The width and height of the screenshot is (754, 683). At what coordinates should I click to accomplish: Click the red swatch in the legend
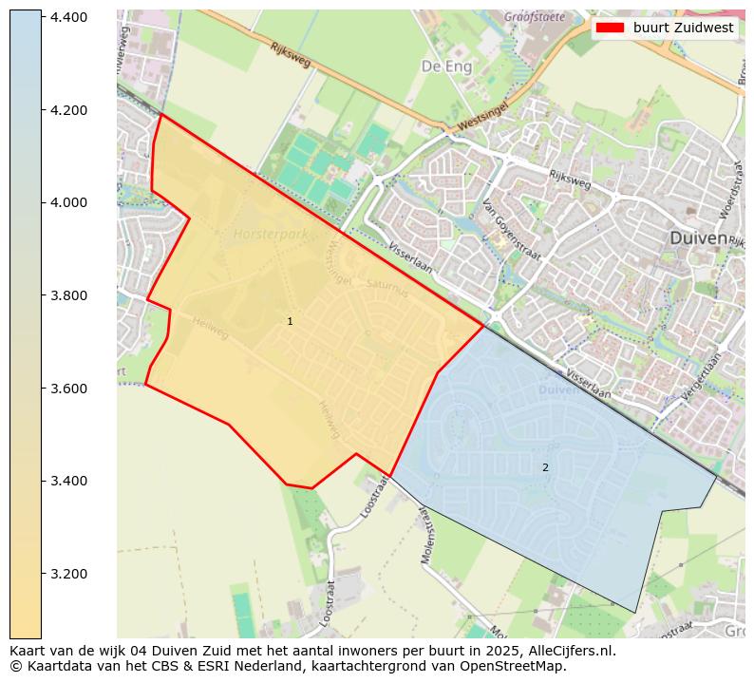click(610, 28)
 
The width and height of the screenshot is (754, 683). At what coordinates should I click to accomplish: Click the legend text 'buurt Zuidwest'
click(684, 28)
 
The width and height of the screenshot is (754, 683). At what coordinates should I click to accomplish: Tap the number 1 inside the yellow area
click(290, 322)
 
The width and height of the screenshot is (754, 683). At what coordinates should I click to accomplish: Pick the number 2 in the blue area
click(545, 467)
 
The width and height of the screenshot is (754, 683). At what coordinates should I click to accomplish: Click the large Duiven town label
click(698, 238)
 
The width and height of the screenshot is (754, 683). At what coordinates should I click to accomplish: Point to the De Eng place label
click(446, 66)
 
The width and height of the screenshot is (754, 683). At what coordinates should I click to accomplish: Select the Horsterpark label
click(270, 233)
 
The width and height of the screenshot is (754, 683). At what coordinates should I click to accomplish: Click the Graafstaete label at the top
click(534, 16)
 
